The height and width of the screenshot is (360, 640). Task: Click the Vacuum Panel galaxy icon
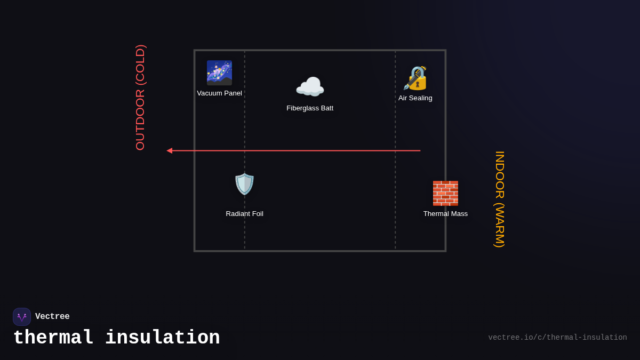219,73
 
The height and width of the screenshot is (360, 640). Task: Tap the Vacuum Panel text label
219,93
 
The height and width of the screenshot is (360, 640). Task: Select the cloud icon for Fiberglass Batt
310,87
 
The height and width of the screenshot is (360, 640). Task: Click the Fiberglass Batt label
310,108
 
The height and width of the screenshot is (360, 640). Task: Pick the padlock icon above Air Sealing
415,78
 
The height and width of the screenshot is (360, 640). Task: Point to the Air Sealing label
415,98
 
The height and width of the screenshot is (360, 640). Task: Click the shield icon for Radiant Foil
245,184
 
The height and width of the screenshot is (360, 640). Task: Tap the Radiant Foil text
244,214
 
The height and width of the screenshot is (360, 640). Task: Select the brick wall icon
445,193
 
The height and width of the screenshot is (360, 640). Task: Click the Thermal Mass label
445,214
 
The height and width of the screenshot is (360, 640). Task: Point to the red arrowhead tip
168,151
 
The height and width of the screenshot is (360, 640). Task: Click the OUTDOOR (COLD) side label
140,98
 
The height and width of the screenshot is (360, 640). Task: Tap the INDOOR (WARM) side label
500,199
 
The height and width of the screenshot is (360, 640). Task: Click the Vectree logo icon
22,317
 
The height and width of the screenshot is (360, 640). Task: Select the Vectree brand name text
52,317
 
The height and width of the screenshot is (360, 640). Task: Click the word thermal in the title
53,338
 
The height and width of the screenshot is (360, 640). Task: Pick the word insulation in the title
162,338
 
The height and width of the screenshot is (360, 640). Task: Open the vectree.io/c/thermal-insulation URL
557,338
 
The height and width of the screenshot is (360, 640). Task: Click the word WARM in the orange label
500,224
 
